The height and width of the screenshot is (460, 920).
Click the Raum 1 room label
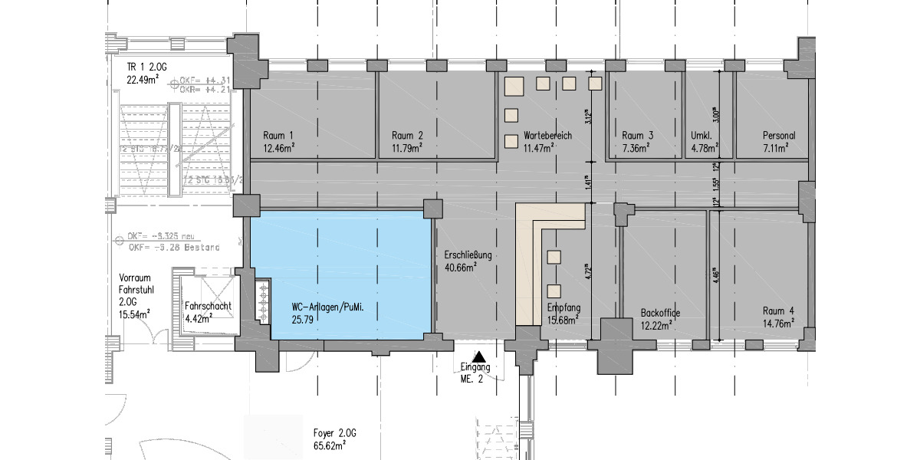point(279,136)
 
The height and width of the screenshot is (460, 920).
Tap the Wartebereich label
point(547,136)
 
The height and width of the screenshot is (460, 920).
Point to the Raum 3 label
point(638,136)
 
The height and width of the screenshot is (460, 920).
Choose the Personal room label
point(778,136)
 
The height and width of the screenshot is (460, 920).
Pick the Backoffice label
point(660,312)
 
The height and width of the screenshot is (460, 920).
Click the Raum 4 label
point(778,311)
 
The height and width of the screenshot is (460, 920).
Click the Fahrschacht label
point(208,306)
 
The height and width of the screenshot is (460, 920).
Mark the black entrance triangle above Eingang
point(479,356)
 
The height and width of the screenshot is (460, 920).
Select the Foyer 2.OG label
point(335,432)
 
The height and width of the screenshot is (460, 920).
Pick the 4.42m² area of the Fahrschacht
point(202,318)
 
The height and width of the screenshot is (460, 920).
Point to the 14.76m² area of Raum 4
point(778,324)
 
